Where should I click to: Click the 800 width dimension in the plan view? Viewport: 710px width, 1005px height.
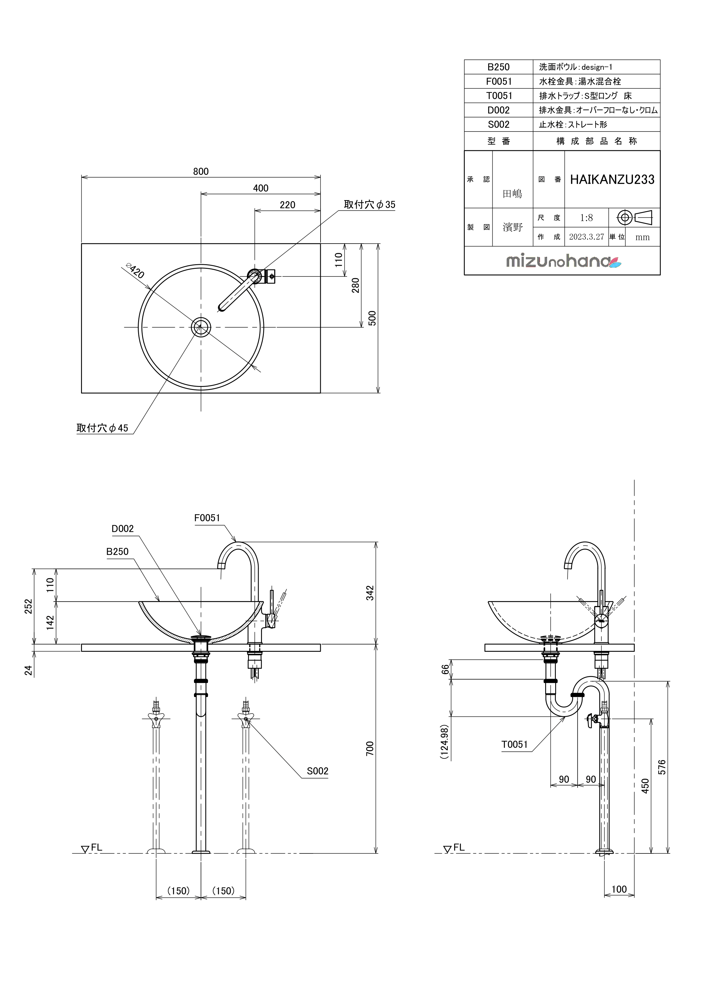pyautogui.click(x=201, y=172)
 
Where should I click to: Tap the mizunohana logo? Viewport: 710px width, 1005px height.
pyautogui.click(x=563, y=261)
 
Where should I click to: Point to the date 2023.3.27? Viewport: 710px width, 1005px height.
pyautogui.click(x=586, y=237)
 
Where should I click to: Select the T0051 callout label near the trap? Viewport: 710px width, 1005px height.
pyautogui.click(x=515, y=744)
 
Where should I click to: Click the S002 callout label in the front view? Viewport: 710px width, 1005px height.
pyautogui.click(x=317, y=771)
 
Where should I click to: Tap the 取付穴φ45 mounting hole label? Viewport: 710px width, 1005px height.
pyautogui.click(x=102, y=428)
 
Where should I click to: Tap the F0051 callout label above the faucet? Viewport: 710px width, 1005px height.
pyautogui.click(x=207, y=518)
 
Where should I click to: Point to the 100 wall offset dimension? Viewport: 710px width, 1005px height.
pyautogui.click(x=619, y=889)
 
